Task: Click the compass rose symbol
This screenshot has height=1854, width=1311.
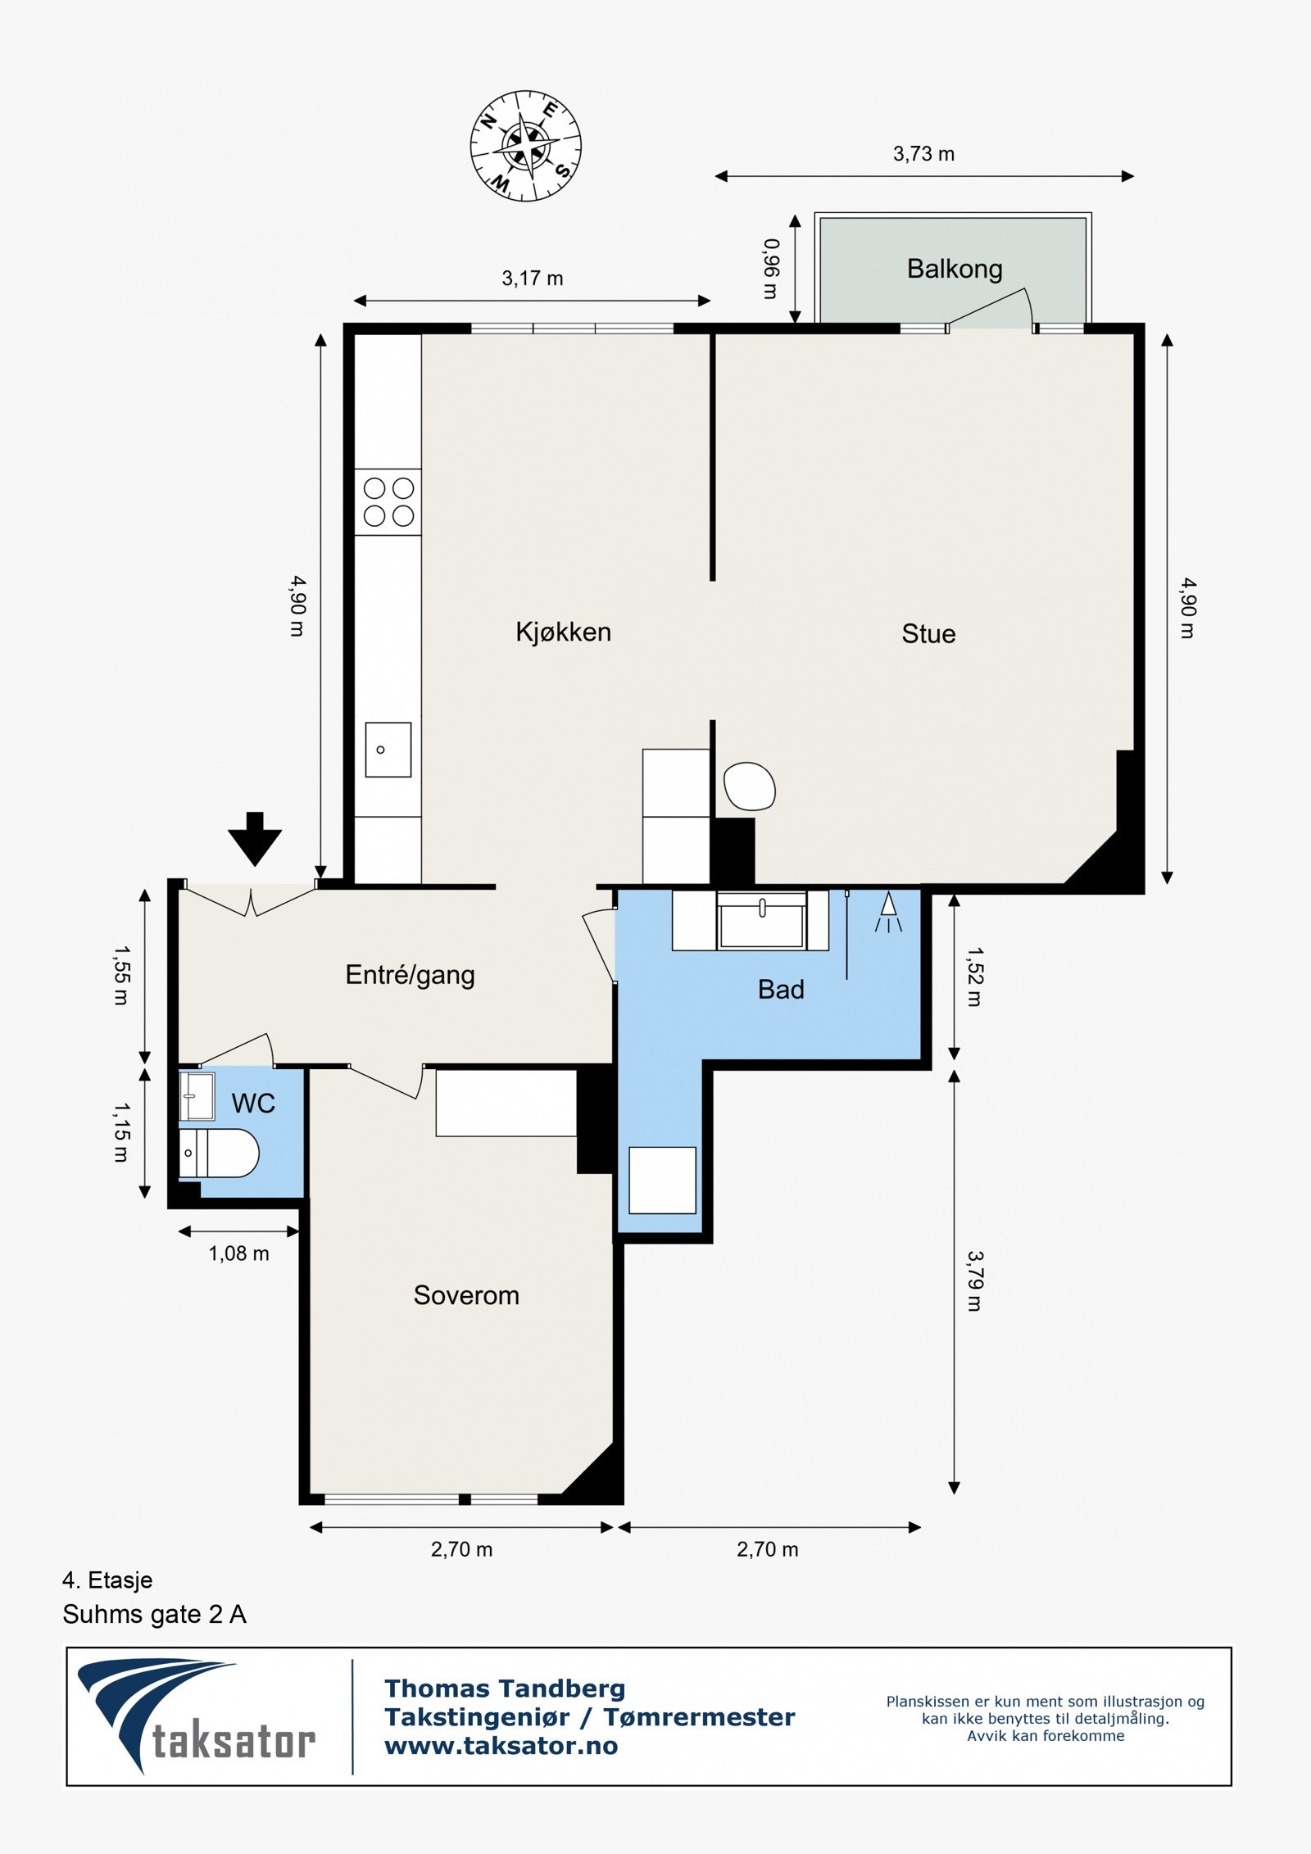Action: coord(525,146)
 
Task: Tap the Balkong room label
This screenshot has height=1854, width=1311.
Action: coord(955,269)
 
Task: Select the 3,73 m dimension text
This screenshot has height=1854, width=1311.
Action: coord(923,154)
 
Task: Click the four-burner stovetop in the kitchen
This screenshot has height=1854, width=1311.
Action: coord(388,501)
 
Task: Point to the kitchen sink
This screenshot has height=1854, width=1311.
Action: coord(388,749)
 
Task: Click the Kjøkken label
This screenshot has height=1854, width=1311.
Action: coord(563,632)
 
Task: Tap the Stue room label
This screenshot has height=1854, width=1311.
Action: coord(928,633)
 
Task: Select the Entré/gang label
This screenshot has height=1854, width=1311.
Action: coord(410,974)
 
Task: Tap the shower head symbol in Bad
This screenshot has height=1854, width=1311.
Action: coord(888,912)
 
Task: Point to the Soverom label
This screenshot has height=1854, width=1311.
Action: coord(466,1295)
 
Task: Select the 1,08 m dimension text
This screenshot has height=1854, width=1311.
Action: coord(238,1253)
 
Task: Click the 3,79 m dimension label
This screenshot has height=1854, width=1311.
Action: coord(973,1281)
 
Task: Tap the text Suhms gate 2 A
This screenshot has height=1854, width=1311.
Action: coord(154,1615)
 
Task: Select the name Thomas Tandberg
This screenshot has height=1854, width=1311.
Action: coord(505,1689)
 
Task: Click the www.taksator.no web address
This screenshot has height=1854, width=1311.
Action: coord(501,1746)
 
